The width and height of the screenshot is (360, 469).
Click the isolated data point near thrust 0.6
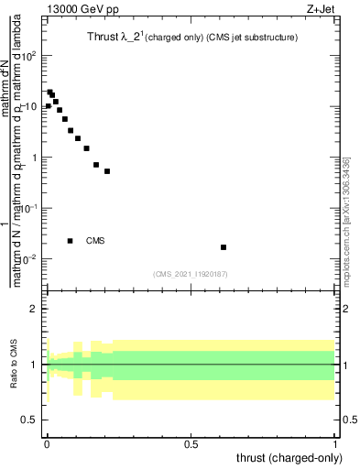coord(224,247)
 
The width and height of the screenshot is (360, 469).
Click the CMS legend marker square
coord(71,241)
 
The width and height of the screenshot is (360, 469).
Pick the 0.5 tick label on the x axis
coord(191,444)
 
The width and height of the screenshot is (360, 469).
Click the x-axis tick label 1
coord(336,444)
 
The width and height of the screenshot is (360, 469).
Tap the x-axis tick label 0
coord(47,444)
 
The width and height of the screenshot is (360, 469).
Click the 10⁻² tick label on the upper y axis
coord(28,259)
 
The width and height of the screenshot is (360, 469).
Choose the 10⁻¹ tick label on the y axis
coord(28,208)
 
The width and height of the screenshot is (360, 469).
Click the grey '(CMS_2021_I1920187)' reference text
coord(191,273)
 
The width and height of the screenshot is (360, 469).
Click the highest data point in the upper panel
coord(50,92)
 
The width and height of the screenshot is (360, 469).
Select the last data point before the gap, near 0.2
coord(107,171)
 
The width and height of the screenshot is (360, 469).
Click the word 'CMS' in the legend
coord(95,241)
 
